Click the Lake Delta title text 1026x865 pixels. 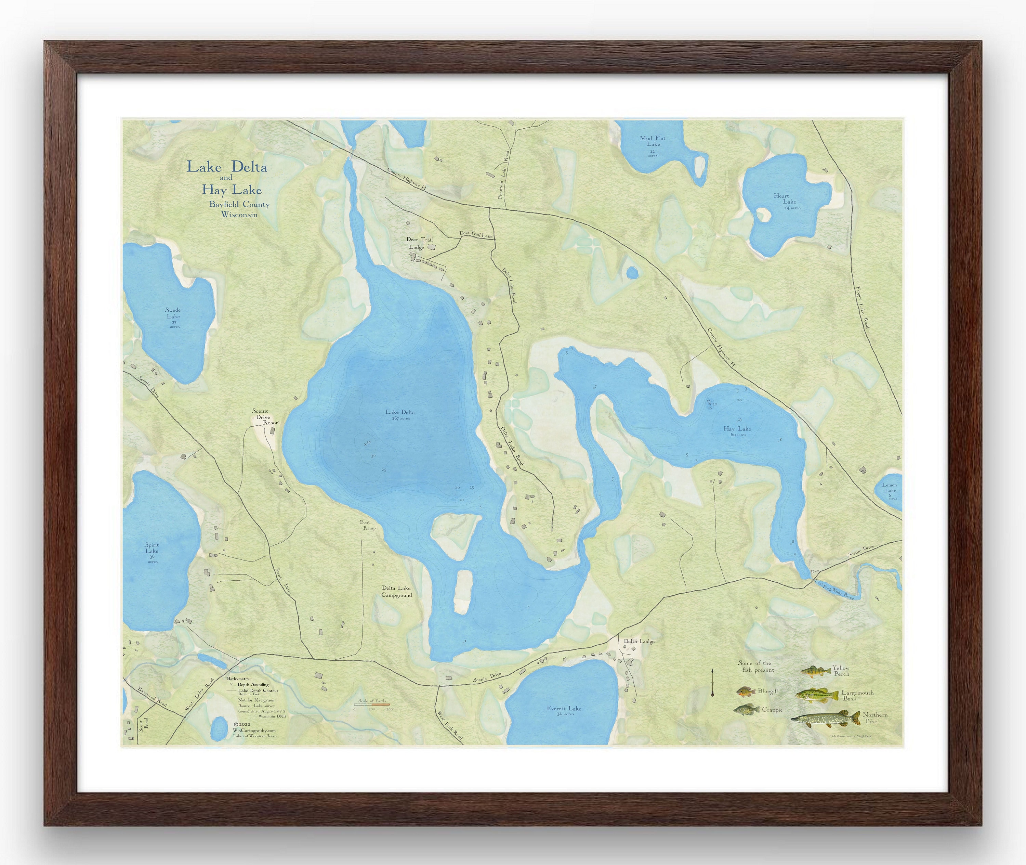pyautogui.click(x=226, y=167)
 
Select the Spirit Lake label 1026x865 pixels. pyautogui.click(x=152, y=548)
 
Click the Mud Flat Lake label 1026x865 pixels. pyautogui.click(x=653, y=141)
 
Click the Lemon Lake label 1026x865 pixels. pyautogui.click(x=890, y=488)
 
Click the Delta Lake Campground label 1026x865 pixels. pyautogui.click(x=397, y=591)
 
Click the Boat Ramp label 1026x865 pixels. pyautogui.click(x=369, y=525)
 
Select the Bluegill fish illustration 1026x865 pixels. pyautogui.click(x=745, y=692)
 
